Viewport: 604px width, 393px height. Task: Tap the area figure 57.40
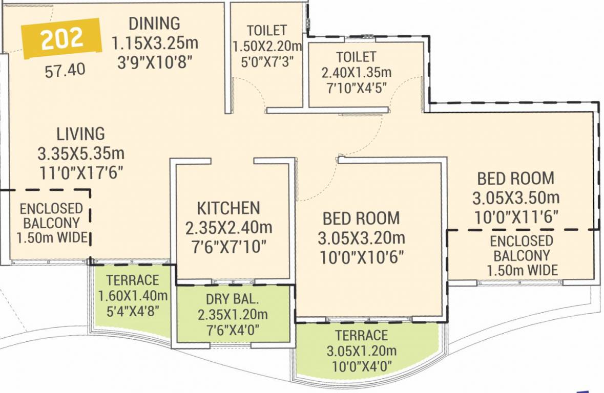tap(65, 70)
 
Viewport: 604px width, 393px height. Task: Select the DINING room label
tap(154, 24)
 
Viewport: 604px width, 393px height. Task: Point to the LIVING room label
tap(80, 134)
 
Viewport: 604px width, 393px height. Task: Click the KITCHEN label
tap(228, 208)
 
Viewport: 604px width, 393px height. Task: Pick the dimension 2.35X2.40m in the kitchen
tap(228, 227)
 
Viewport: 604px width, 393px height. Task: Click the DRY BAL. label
tap(233, 300)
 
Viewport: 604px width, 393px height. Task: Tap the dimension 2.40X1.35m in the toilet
tap(356, 72)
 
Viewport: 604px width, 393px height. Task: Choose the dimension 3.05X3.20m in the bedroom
tap(361, 237)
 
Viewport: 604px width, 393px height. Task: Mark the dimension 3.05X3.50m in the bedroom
tap(515, 197)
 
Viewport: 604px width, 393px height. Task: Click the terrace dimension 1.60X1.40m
tap(133, 295)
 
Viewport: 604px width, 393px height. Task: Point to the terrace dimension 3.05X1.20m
tap(361, 351)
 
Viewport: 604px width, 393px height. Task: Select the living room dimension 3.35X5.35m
tap(81, 154)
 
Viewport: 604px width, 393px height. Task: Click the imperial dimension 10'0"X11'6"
tap(515, 215)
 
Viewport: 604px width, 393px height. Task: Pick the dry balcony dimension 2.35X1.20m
tap(233, 314)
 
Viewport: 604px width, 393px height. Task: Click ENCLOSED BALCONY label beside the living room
tap(51, 216)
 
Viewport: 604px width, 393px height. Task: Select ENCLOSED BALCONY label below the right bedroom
tap(522, 248)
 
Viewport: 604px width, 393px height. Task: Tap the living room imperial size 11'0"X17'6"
tap(81, 173)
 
